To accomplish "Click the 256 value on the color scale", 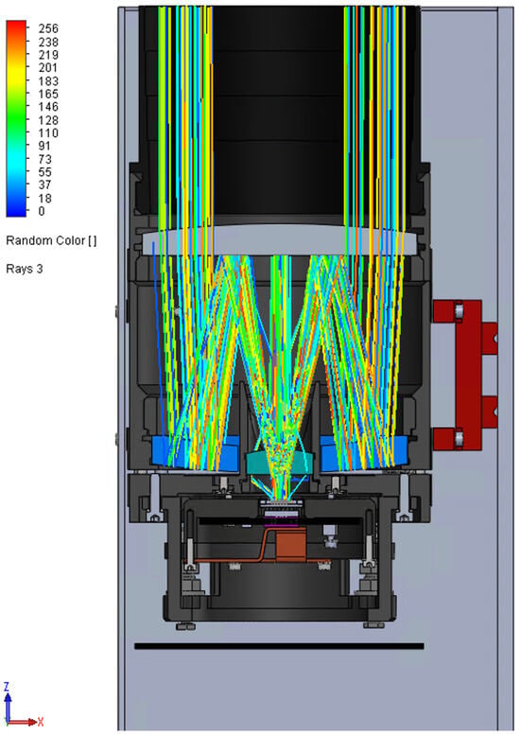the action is click(x=48, y=28).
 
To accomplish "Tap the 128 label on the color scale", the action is click(x=48, y=120).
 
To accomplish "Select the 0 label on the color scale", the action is click(x=42, y=211).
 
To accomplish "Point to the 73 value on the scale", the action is click(x=45, y=159).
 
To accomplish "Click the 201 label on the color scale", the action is click(x=48, y=68).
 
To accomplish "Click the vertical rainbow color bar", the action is click(x=16, y=119).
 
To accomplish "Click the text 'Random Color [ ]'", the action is click(x=51, y=240).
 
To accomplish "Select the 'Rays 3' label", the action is click(x=25, y=269).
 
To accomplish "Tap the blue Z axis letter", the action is click(x=7, y=687).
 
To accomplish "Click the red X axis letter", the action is click(x=41, y=722).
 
